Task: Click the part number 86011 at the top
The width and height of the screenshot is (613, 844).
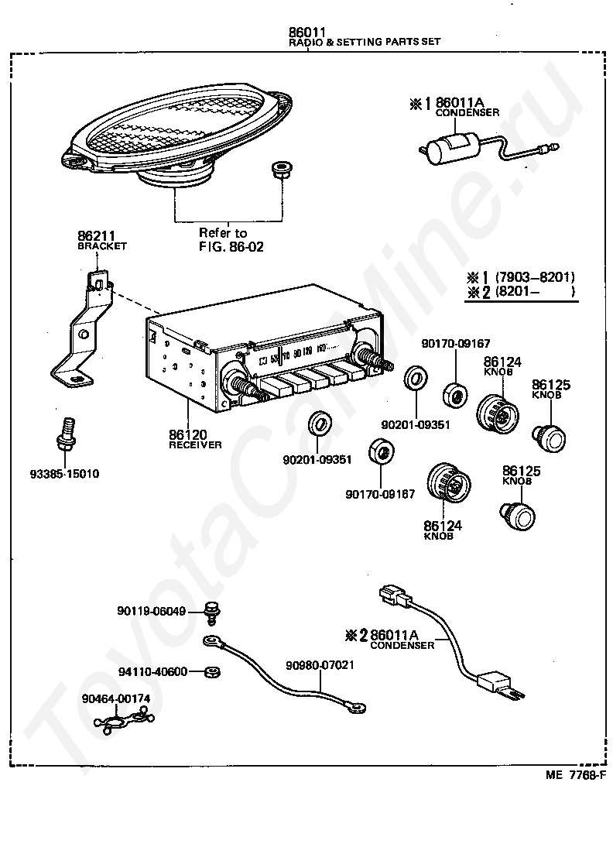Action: point(306,33)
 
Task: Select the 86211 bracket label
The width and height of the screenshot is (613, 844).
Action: point(93,236)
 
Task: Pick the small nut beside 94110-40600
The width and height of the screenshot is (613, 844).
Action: point(209,671)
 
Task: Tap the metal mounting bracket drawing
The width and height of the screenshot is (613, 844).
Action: point(81,333)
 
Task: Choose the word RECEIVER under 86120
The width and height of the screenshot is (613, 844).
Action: point(195,445)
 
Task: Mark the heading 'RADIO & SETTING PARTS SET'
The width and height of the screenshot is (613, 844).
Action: point(365,42)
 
